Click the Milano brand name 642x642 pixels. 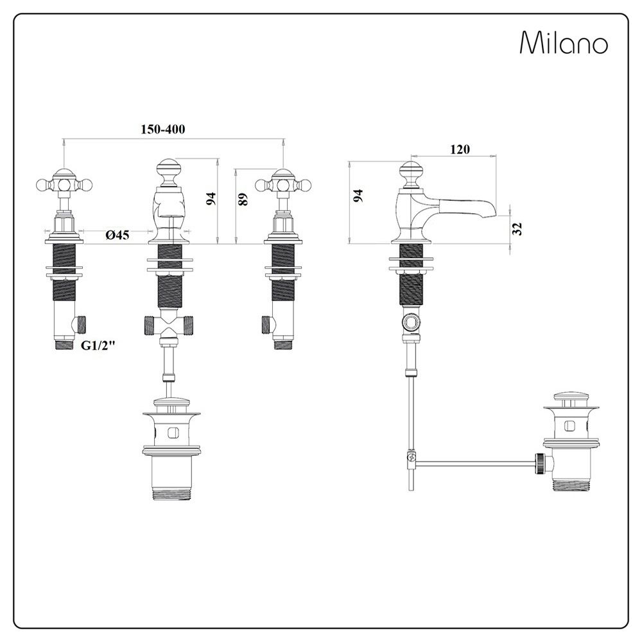pos(564,42)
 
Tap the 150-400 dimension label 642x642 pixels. pos(163,130)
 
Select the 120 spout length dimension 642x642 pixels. pos(460,150)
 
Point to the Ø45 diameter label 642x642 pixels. pos(117,234)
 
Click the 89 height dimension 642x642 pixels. pos(243,199)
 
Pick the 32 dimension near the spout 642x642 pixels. pos(517,229)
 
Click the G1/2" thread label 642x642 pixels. pos(98,346)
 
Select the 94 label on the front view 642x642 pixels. pos(211,200)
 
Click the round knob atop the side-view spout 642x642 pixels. pos(412,173)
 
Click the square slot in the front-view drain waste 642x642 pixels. pos(172,431)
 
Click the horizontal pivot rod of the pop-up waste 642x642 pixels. pos(475,464)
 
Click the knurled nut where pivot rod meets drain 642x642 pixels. pos(541,464)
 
